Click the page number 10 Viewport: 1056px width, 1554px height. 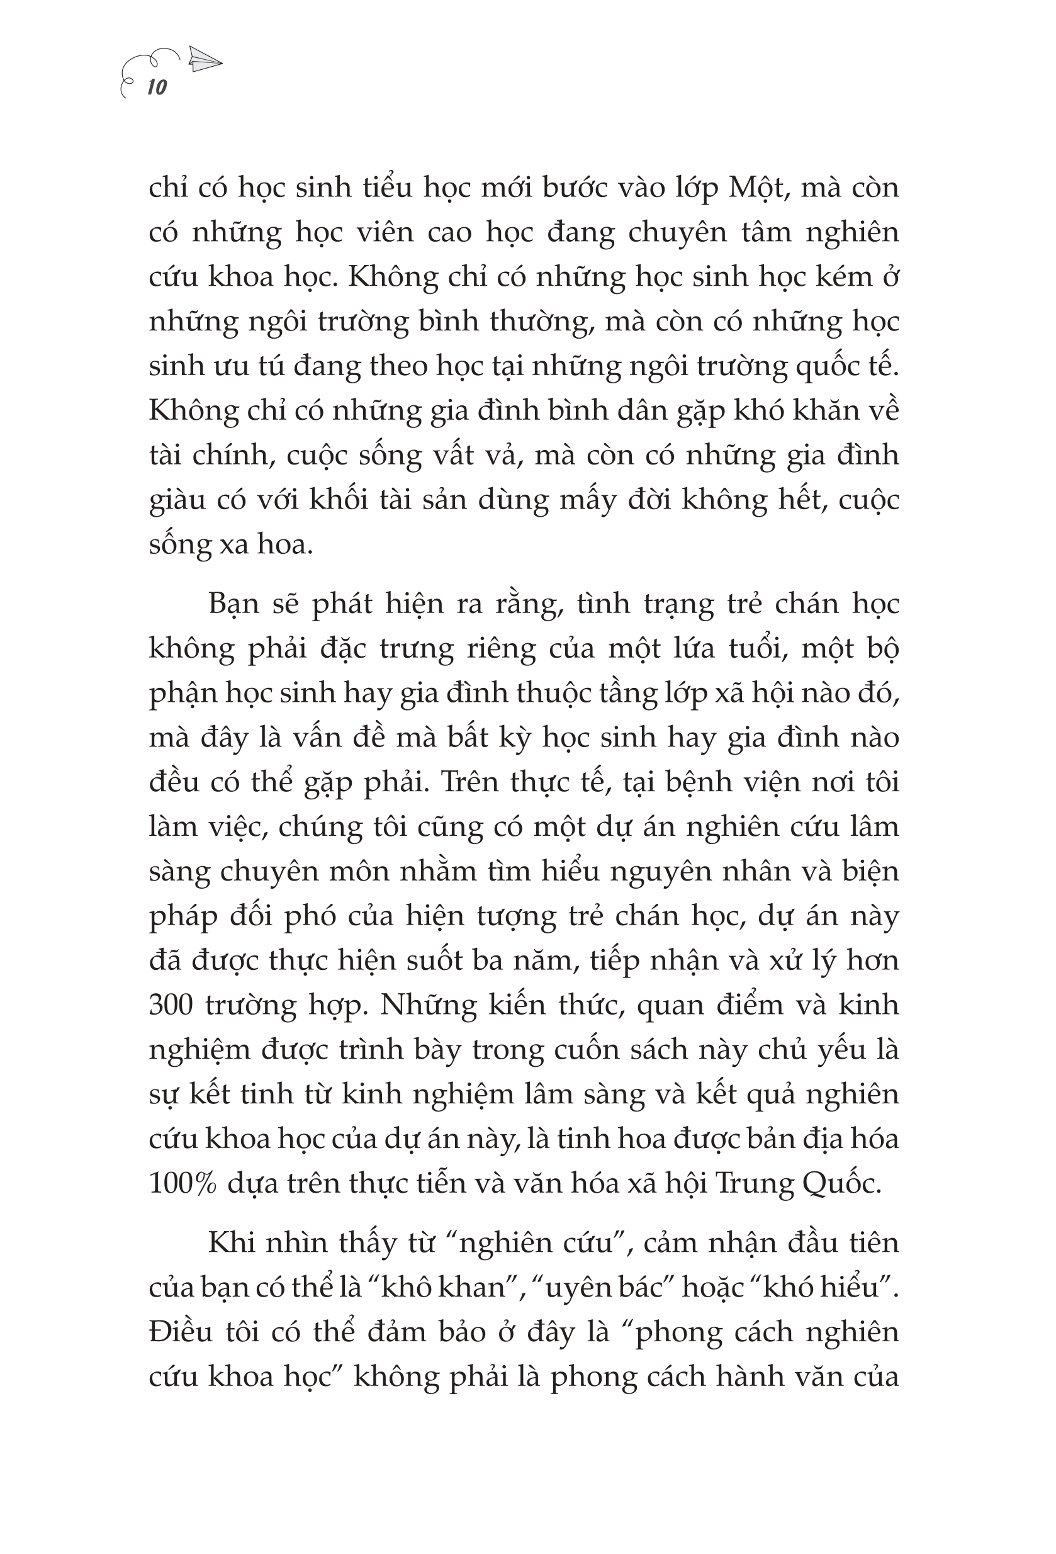157,87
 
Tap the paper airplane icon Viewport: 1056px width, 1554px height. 205,60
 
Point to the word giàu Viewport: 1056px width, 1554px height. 177,501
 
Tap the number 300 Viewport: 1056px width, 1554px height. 171,1005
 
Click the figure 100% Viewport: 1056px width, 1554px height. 183,1183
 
